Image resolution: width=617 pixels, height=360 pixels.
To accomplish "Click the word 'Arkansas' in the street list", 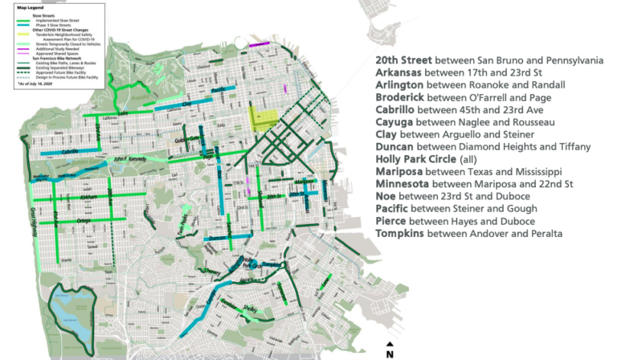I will (399, 72).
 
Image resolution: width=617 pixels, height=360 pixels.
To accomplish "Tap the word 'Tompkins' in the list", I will (400, 234).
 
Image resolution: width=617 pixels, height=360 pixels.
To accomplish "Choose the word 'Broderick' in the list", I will (402, 97).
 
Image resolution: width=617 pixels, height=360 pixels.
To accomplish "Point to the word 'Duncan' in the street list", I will (395, 147).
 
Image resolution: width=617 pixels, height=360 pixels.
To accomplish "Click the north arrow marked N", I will (390, 348).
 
